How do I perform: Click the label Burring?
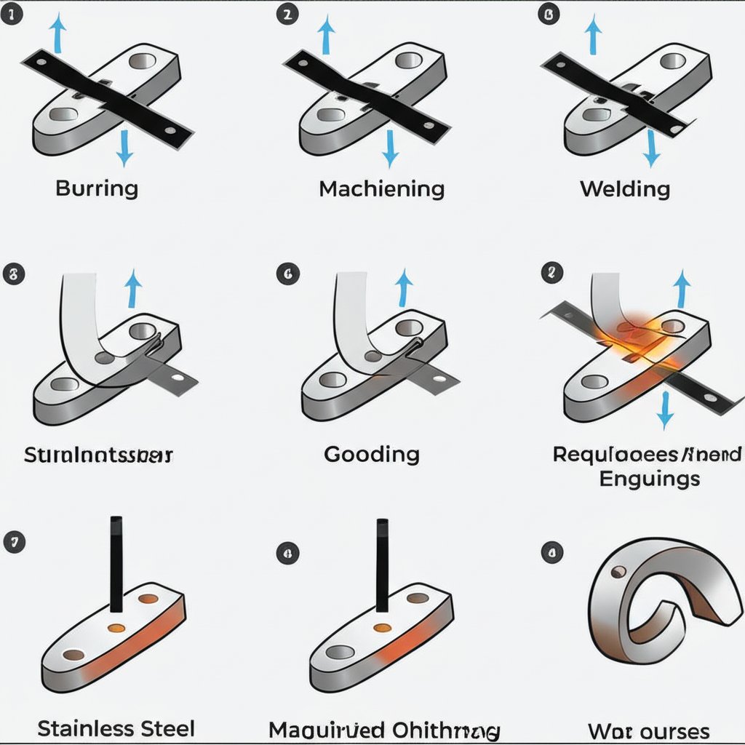[x=96, y=188]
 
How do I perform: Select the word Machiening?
[x=382, y=189]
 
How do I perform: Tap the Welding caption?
[x=625, y=189]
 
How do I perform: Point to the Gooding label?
[x=372, y=455]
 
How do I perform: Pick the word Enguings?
[x=650, y=478]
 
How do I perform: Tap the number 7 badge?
[x=14, y=541]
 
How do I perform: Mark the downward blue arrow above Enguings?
[x=664, y=409]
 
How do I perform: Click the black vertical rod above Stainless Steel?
[x=116, y=562]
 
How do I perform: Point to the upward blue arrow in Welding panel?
[x=594, y=34]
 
